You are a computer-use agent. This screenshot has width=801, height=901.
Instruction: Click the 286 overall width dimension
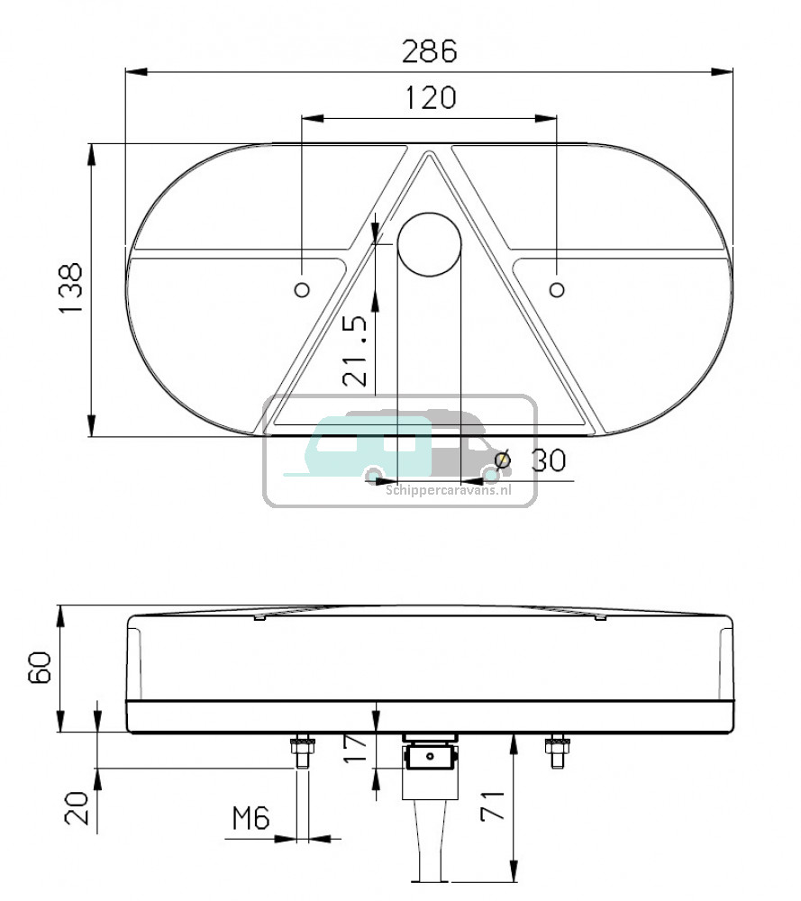[x=429, y=51]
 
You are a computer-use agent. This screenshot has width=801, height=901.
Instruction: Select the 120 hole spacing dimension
[x=431, y=98]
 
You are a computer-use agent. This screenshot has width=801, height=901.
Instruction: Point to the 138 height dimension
[x=71, y=288]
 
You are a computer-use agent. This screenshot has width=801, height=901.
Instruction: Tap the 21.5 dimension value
[x=354, y=350]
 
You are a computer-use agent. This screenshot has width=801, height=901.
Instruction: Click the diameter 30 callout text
[x=531, y=460]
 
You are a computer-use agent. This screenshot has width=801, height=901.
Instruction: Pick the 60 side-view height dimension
[x=40, y=667]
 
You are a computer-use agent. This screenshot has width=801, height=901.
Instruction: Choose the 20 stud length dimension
[x=77, y=808]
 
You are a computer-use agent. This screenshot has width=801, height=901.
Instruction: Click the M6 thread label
[x=250, y=818]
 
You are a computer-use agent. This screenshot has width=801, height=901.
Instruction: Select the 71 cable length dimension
[x=493, y=805]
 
